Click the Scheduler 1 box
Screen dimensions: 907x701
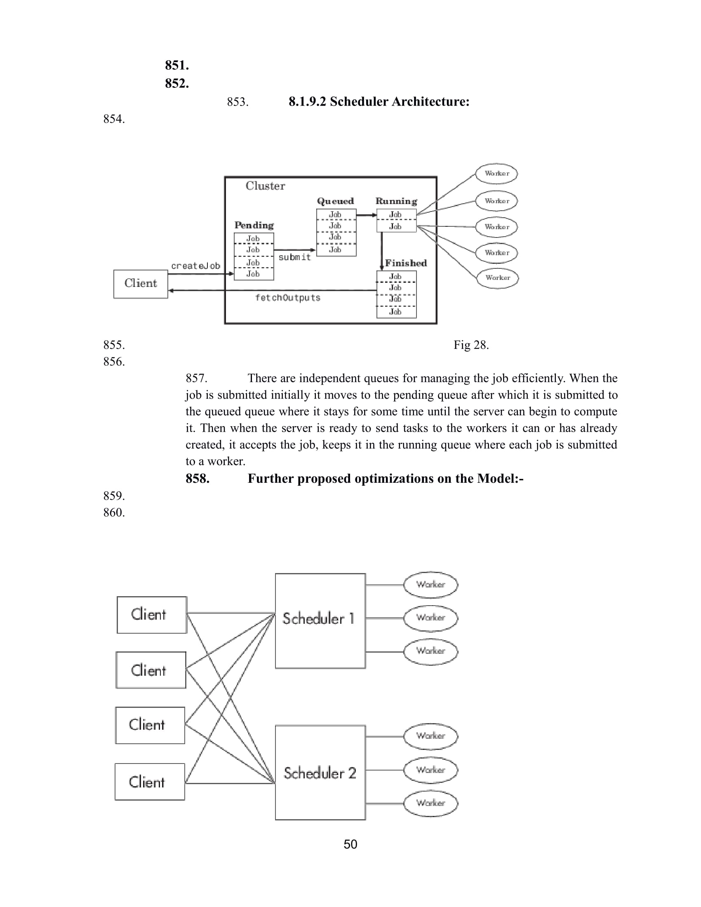coord(320,620)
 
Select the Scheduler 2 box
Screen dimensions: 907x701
coord(320,773)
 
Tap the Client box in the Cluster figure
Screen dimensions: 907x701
coord(141,284)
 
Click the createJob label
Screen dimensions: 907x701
coord(195,266)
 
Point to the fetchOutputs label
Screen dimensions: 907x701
coord(288,298)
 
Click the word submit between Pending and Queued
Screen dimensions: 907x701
coord(294,258)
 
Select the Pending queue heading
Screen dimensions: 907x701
coord(254,226)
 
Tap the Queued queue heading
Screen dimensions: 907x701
coord(335,202)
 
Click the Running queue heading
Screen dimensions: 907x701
coord(396,202)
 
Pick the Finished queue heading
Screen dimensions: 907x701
coord(406,263)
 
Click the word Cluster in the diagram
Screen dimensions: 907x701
coord(266,186)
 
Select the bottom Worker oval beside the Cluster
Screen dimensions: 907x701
coord(497,278)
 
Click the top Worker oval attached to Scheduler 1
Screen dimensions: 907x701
coord(430,585)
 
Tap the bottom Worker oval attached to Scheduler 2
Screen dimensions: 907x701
coord(430,803)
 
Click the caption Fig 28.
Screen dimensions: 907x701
coord(471,345)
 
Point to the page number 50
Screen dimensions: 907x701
coord(350,844)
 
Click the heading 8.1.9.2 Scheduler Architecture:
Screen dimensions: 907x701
coord(379,102)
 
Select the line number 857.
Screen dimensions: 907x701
coord(196,378)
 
